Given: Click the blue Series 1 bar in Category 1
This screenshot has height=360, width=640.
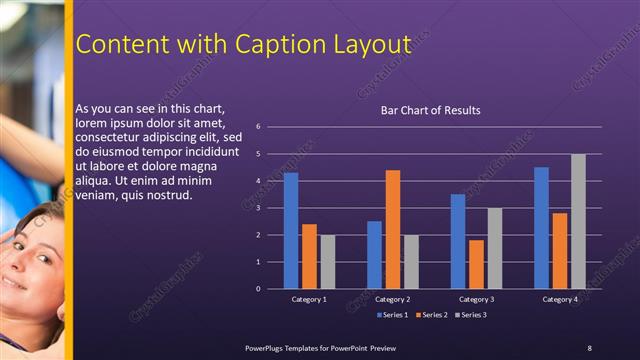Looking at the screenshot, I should coord(291,231).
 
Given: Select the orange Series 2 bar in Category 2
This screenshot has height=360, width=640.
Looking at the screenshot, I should coord(393,229).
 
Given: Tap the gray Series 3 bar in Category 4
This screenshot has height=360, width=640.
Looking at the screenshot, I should coord(578,221).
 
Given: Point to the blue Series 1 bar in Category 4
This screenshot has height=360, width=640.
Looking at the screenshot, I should coord(541,228).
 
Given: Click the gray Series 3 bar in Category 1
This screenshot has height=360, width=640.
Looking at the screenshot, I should coord(327,262).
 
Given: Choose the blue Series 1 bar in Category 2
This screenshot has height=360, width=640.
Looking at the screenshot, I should coord(374,255).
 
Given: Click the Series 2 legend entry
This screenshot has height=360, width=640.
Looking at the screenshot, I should coord(431,315).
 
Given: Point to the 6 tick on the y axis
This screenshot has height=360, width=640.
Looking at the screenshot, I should coord(258,127).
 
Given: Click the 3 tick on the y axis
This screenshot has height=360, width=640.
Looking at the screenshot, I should coord(258,208).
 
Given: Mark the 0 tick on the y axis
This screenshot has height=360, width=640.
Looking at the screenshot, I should coord(258,289).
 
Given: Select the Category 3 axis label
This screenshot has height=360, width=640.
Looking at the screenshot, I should coord(477,299).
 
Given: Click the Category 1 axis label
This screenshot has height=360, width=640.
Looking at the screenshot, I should coord(309,299).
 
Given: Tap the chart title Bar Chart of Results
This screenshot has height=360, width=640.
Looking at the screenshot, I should coord(431,110).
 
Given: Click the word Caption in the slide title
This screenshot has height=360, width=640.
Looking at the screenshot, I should coord(279,45).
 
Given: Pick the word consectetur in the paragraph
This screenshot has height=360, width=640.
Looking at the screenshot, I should coord(110,137).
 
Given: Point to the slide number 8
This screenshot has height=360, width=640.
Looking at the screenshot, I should coord(589,347).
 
